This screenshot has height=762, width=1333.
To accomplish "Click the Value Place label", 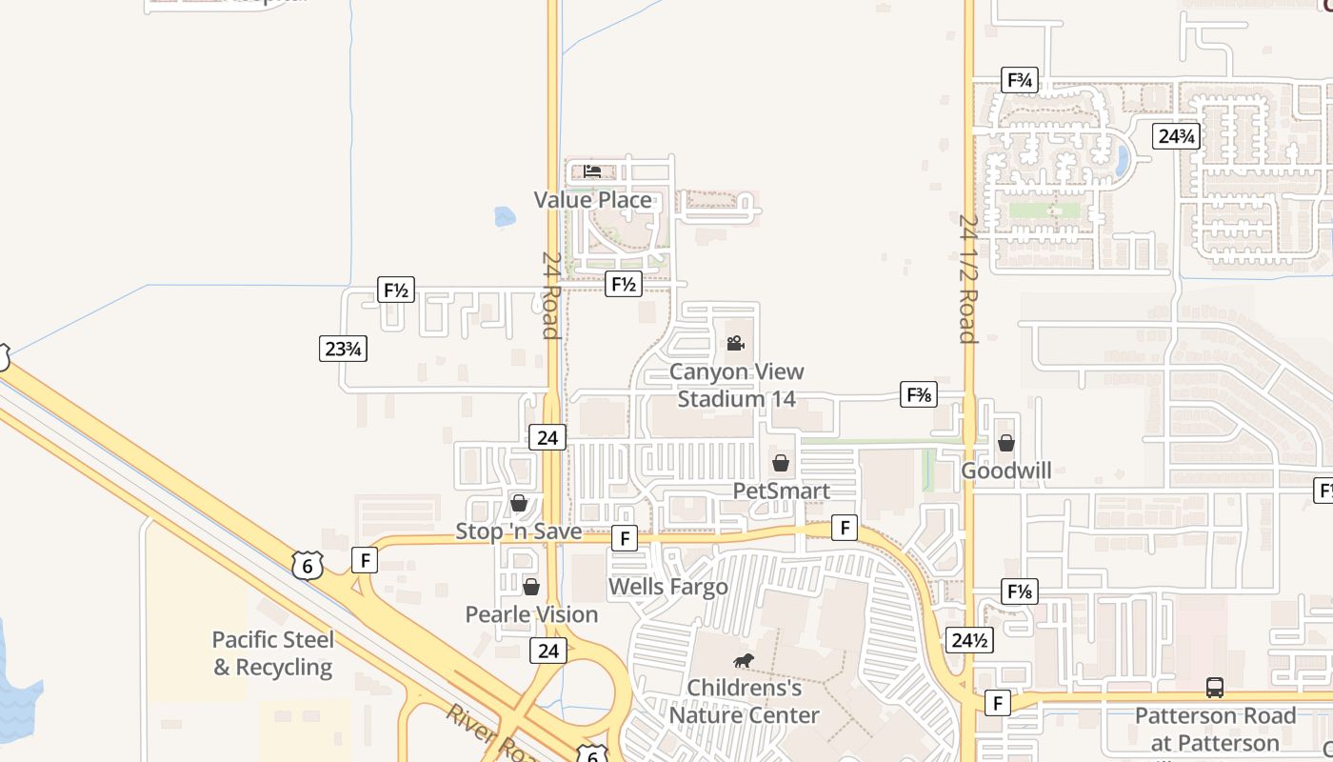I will click(592, 200).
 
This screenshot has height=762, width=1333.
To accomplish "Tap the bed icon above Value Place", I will click(592, 171).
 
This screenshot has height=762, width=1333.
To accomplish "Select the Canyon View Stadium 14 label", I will click(736, 385).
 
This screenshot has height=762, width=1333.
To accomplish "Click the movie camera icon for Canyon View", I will click(735, 343).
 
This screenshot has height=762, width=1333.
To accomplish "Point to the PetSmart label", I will click(781, 491).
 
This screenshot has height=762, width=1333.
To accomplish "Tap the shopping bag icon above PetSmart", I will click(781, 464).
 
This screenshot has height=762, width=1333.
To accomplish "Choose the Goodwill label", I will click(1005, 471).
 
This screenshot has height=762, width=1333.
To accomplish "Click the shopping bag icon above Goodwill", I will click(1005, 443).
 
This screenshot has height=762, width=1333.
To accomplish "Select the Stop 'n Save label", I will click(518, 531).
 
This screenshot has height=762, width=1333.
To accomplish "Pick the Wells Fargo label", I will click(667, 587).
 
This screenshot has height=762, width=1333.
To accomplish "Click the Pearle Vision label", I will click(531, 614).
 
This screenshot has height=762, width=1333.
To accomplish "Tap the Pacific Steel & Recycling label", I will click(272, 653).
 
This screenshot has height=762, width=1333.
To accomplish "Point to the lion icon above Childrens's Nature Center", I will click(743, 660).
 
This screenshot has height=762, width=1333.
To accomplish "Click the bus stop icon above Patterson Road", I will click(1214, 687).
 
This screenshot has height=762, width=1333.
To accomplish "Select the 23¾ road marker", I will click(343, 349).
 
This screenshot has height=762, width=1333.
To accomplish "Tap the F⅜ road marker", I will click(919, 394).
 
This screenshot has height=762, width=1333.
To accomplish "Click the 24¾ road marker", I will click(1175, 136).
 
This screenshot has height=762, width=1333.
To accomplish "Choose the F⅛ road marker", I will click(1019, 592).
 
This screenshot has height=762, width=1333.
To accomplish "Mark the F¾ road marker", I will click(1019, 80).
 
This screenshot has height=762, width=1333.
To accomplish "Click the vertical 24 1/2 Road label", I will click(967, 278).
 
